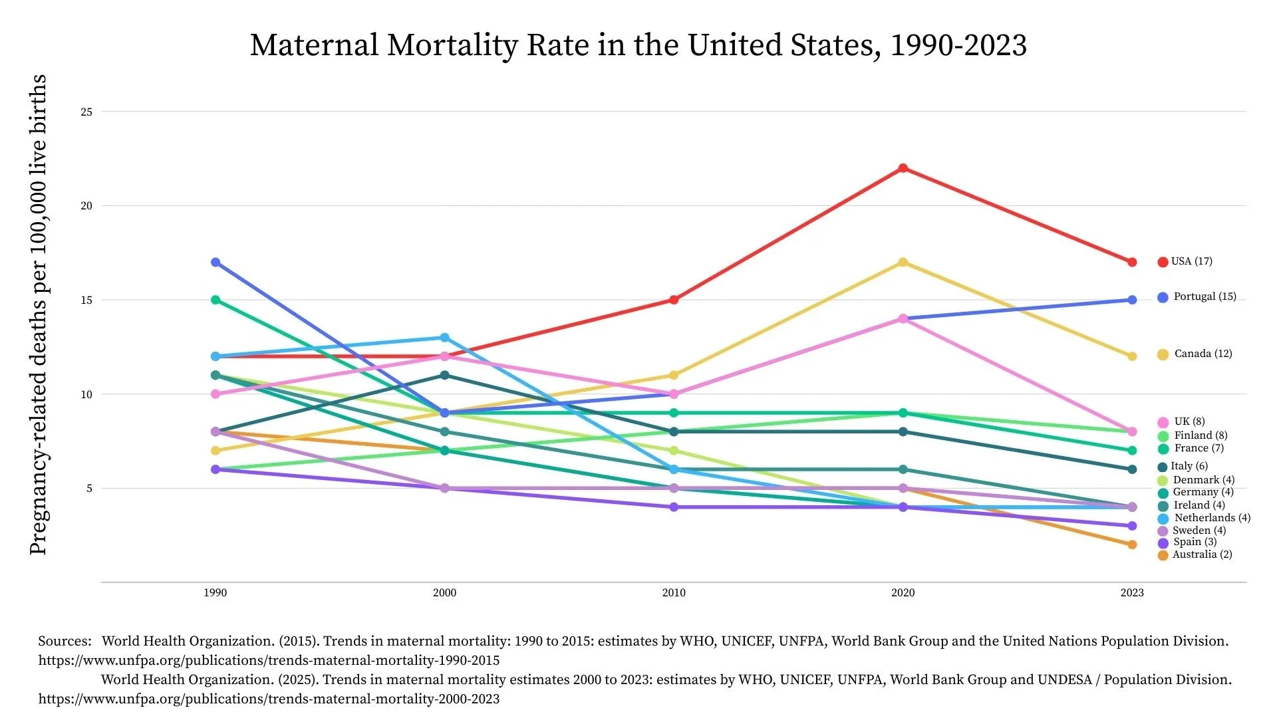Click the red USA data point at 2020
(903, 168)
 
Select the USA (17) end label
(1191, 261)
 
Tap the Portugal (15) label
(1204, 297)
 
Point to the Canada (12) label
(1203, 354)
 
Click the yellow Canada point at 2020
(903, 263)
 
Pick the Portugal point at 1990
(215, 263)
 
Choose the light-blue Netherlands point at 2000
(444, 338)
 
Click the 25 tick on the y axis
(86, 112)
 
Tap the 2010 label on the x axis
(674, 593)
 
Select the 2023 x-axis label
(1132, 593)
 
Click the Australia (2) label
(1201, 554)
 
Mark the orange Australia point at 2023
(1132, 544)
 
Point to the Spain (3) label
(1195, 542)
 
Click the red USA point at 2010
(674, 300)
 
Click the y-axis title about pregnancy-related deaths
(38, 314)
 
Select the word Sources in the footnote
(64, 642)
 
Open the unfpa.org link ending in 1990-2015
(269, 661)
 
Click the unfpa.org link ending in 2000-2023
(269, 699)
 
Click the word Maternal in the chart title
(314, 45)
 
